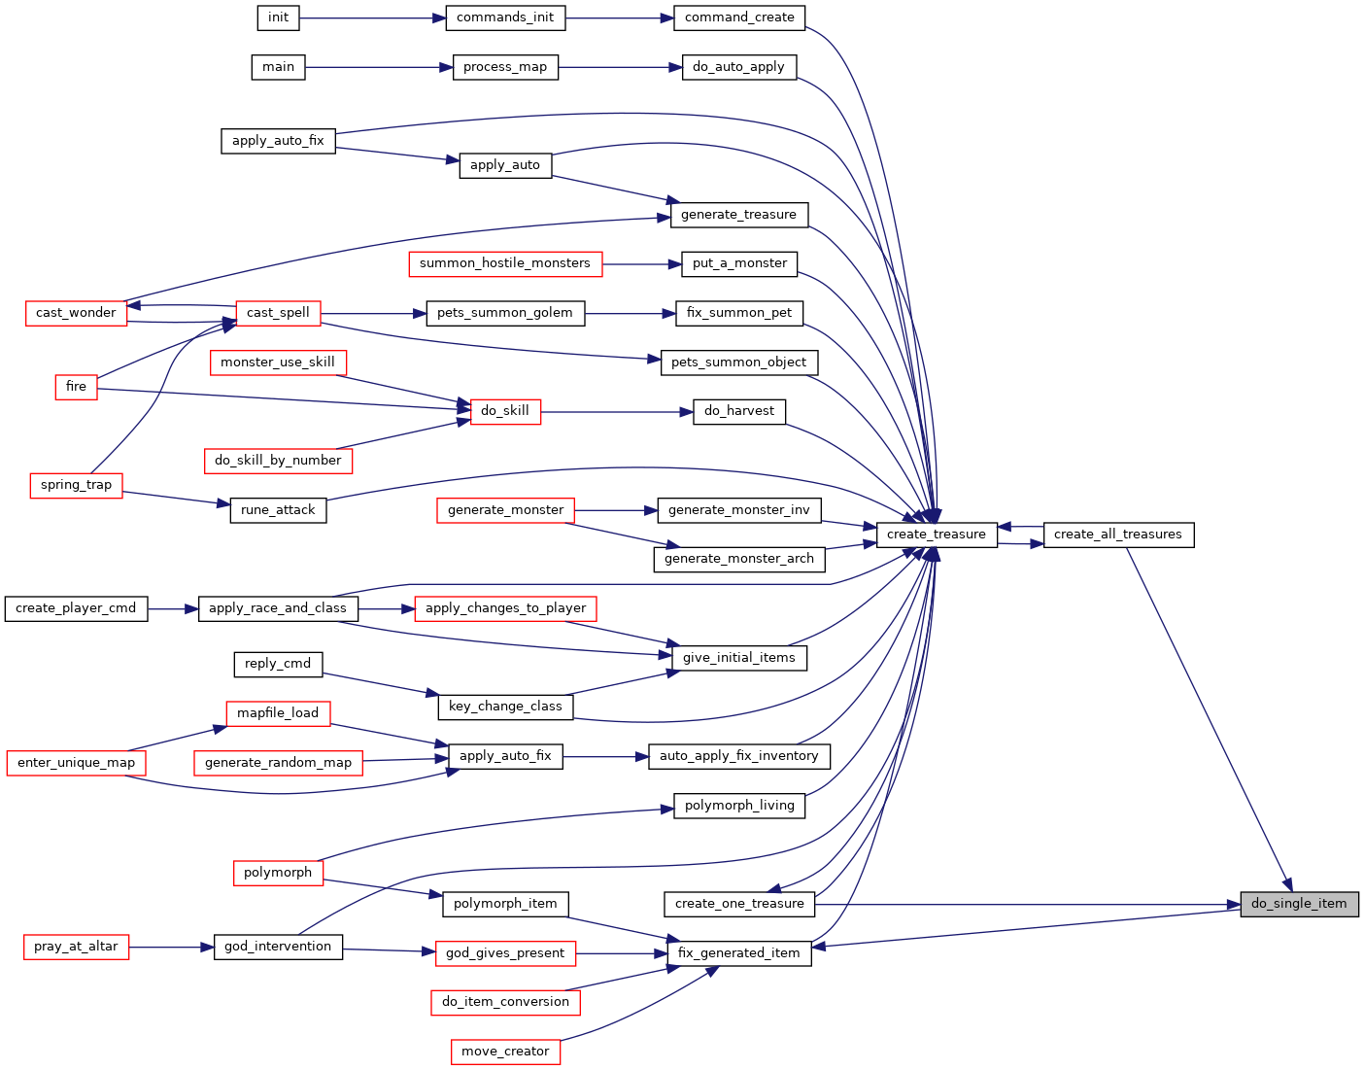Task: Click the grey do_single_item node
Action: [x=1299, y=904]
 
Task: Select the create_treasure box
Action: [x=936, y=535]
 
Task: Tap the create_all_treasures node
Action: [x=1118, y=535]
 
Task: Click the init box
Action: [x=278, y=17]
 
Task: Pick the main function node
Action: [x=278, y=67]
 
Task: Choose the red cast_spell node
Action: [x=278, y=313]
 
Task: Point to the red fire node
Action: [x=76, y=387]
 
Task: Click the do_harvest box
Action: [x=738, y=411]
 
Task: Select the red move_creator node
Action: [x=505, y=1052]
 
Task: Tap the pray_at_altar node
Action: [x=76, y=947]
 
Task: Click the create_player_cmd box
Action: [x=76, y=608]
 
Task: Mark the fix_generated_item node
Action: [x=738, y=953]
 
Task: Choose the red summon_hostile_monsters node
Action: [x=505, y=263]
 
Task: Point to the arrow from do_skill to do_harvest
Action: [x=616, y=412]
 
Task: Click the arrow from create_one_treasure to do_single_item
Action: [x=1027, y=904]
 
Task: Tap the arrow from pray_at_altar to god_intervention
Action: [x=171, y=947]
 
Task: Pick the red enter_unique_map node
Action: [x=76, y=763]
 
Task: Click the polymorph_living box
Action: [x=738, y=806]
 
